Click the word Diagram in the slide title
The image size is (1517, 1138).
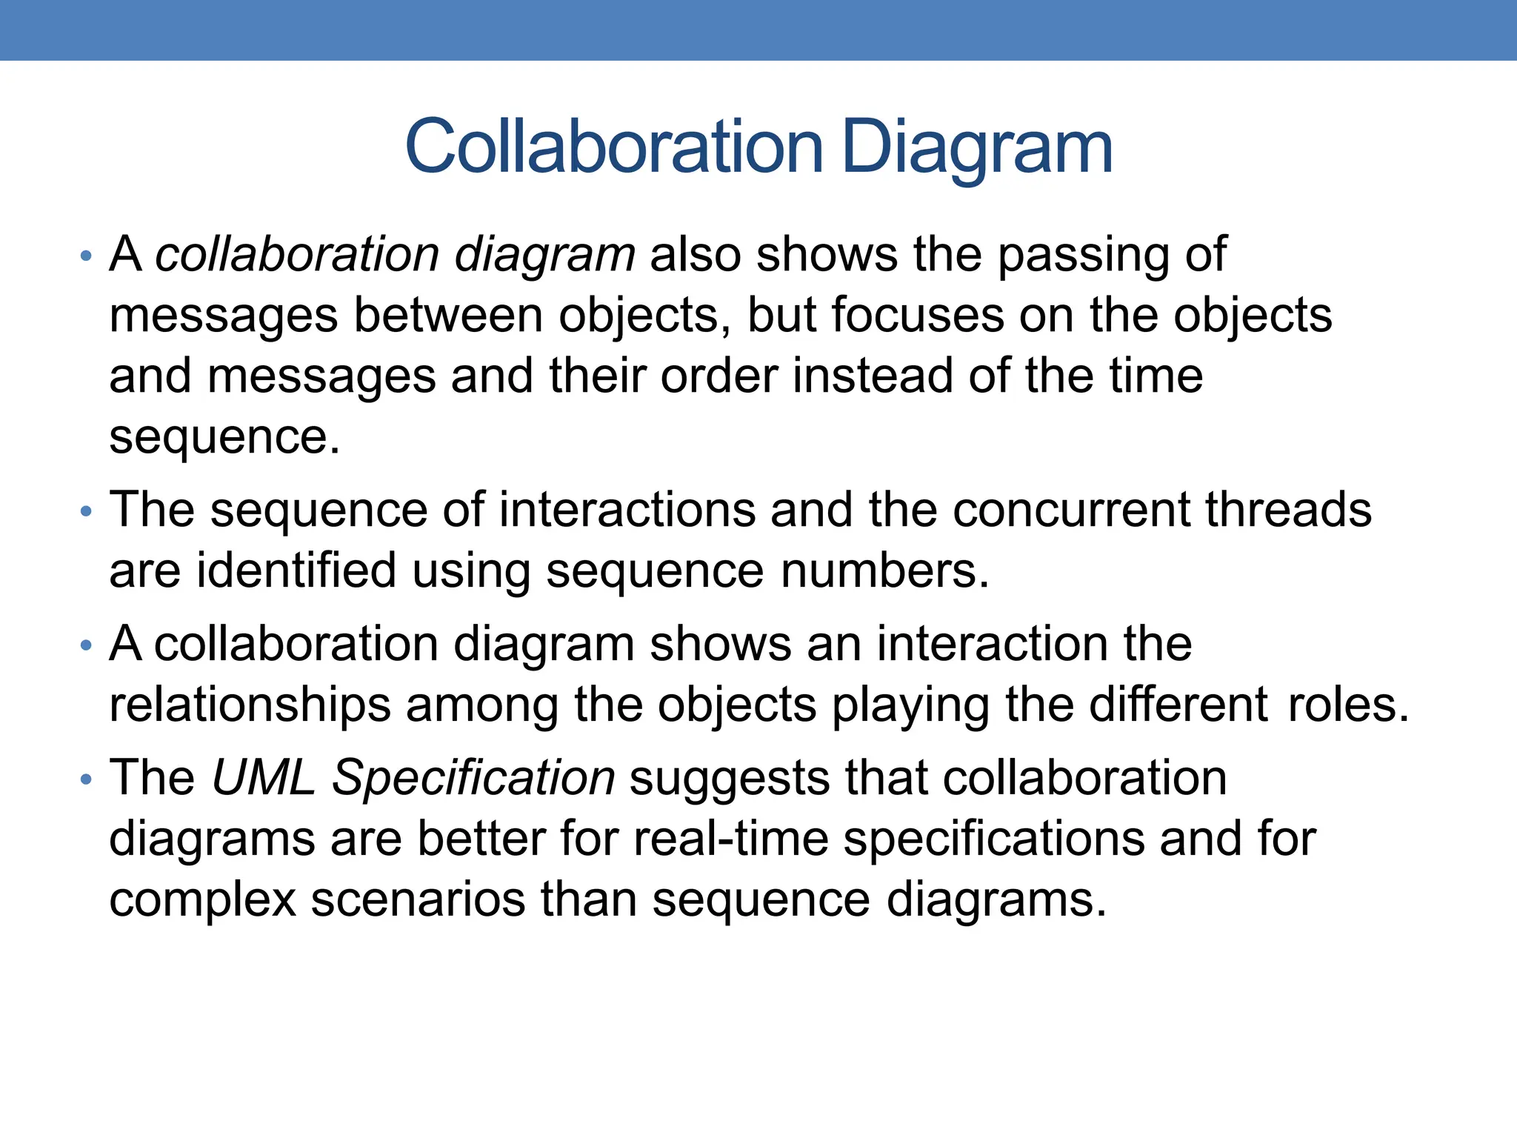(x=977, y=147)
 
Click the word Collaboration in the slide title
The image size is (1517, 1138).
(x=614, y=147)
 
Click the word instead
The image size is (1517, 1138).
(x=873, y=376)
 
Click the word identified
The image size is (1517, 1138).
(x=296, y=571)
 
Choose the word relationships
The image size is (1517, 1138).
(x=250, y=705)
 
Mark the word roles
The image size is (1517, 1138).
(x=1348, y=705)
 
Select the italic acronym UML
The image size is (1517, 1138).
(x=264, y=778)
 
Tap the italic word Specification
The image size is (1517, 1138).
(x=473, y=779)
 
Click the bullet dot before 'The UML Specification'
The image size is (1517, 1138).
(x=87, y=779)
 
